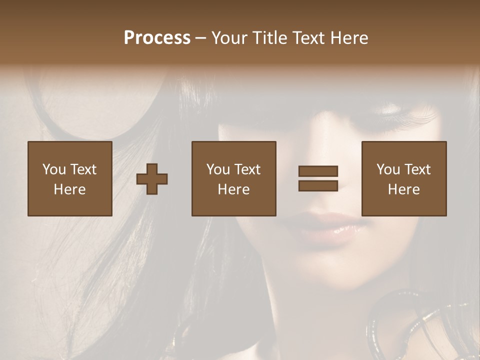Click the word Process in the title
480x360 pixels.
[157, 38]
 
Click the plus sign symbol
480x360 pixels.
[152, 179]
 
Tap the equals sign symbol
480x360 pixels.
[318, 178]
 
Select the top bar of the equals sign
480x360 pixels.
[318, 171]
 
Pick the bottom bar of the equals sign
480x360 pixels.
[318, 186]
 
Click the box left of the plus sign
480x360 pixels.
[69, 178]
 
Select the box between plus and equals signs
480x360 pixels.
[233, 178]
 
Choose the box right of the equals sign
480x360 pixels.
[403, 178]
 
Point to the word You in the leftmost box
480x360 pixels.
[53, 169]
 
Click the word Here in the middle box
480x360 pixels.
[233, 189]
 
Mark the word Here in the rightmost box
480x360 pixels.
[403, 189]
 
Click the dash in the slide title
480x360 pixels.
[200, 38]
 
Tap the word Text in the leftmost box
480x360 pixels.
[83, 169]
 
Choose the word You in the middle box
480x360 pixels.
[217, 169]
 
